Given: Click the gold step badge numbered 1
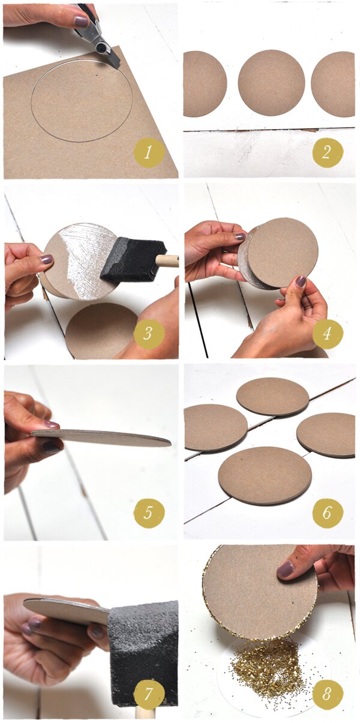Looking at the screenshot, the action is click(x=148, y=152).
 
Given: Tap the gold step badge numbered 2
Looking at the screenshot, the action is click(x=328, y=152).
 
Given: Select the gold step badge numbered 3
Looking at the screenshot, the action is click(x=148, y=333).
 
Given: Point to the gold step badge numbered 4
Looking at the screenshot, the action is click(x=328, y=333).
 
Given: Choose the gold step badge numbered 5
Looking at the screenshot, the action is click(x=148, y=513).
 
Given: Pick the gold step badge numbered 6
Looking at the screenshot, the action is click(x=328, y=513).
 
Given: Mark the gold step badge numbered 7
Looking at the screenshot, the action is click(x=148, y=693).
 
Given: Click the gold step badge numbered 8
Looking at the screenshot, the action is click(x=328, y=693).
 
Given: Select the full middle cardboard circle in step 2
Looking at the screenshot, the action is click(x=272, y=83).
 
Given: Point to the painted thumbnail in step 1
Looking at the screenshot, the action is click(x=81, y=22).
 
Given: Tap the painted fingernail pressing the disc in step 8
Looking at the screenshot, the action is click(x=286, y=569).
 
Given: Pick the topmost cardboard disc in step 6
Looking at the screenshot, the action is click(x=273, y=396).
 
